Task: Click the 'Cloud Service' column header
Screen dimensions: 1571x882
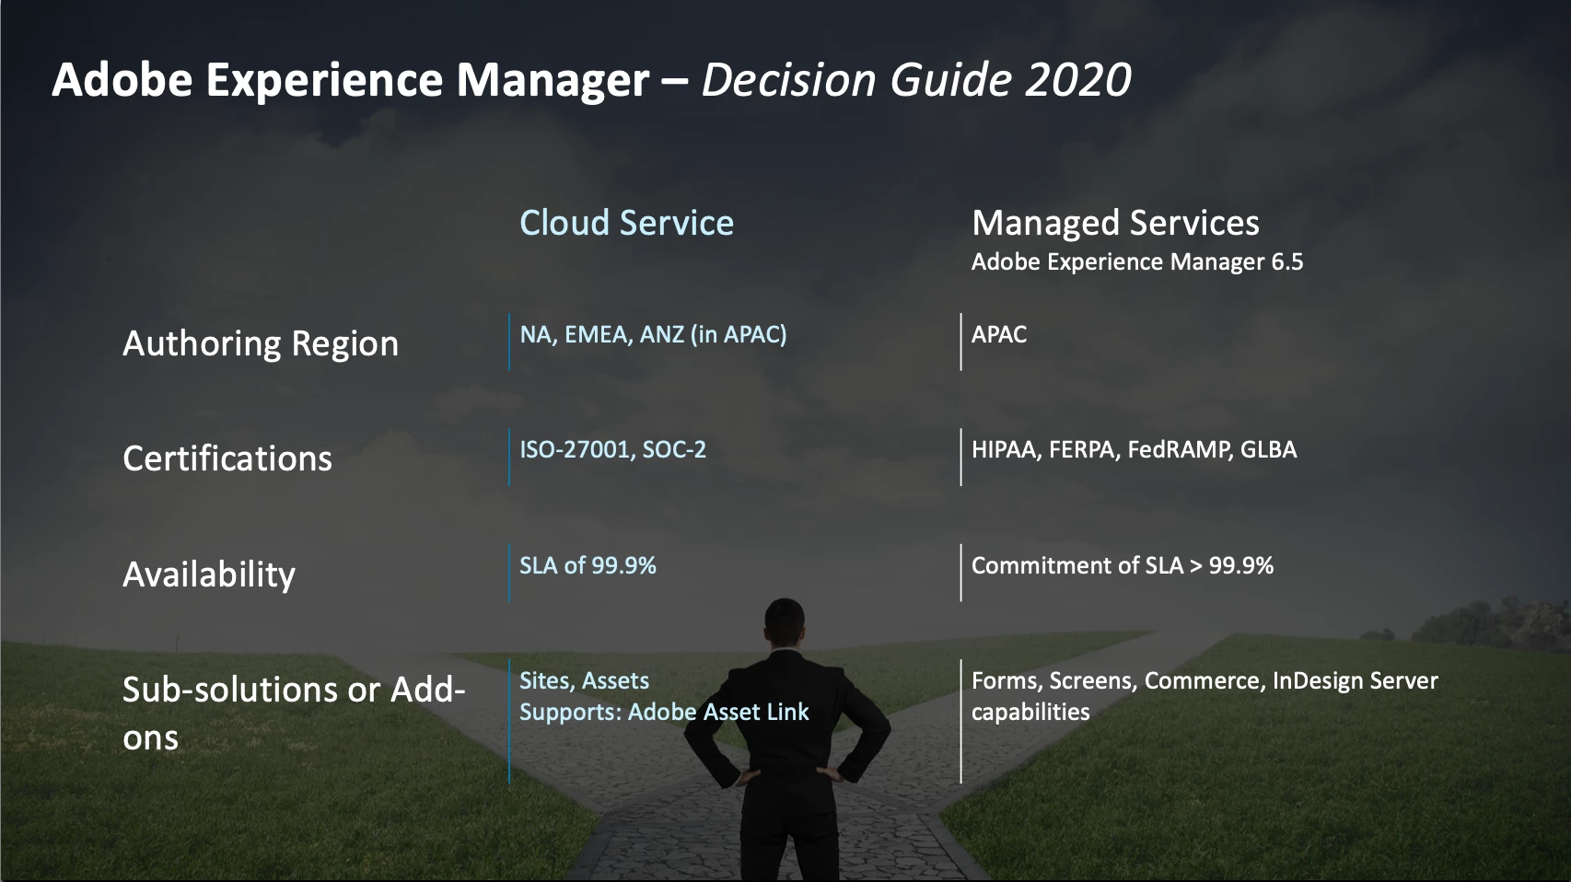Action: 626,223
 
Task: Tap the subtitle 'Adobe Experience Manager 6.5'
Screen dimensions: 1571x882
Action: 1137,261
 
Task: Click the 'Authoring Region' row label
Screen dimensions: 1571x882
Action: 261,344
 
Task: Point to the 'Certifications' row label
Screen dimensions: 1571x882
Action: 227,458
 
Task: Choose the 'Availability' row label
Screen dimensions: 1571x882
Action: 209,574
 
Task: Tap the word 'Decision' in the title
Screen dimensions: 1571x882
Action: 789,78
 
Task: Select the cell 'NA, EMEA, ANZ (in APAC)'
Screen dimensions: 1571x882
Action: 653,334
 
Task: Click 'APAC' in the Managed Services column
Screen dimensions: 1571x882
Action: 999,334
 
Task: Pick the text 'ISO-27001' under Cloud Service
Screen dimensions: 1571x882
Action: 576,449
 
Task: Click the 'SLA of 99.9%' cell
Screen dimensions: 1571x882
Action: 588,565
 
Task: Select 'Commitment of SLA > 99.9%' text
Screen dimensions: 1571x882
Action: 1123,565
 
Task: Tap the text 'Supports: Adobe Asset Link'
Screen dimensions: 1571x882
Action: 664,713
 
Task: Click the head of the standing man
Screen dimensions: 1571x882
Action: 784,625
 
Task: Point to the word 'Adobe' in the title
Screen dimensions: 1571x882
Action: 122,78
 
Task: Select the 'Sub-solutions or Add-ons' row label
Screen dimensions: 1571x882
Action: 294,713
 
